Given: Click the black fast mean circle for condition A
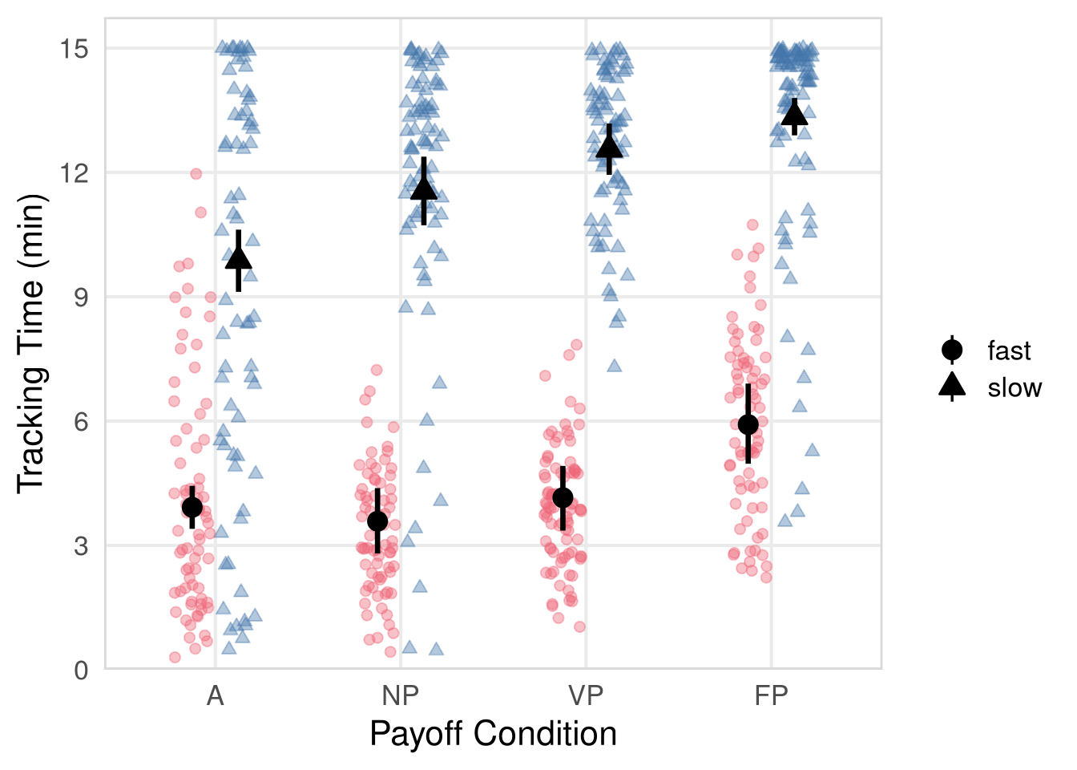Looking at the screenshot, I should (x=192, y=507).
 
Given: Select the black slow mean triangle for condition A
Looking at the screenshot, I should (x=239, y=258).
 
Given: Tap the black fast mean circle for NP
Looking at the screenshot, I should (x=377, y=521).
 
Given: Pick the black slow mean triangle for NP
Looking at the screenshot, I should (x=424, y=189).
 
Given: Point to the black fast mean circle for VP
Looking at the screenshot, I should (x=563, y=498).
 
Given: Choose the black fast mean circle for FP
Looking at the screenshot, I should (x=748, y=424).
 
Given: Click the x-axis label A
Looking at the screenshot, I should (x=215, y=695).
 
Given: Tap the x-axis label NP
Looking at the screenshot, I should (x=400, y=695).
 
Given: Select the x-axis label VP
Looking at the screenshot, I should (x=586, y=695).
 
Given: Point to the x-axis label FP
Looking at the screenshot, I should (x=771, y=695).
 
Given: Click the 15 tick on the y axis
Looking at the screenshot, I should (x=74, y=49).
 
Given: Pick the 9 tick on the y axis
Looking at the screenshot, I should (x=81, y=298).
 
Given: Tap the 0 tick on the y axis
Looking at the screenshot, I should (x=81, y=670).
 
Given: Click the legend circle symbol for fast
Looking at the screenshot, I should (x=952, y=351).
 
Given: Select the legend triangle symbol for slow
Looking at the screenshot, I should (x=952, y=387).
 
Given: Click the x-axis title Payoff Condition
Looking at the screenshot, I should (x=493, y=734).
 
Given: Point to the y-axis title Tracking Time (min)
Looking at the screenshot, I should (x=32, y=343).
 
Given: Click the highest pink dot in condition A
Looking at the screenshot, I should (x=196, y=173).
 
